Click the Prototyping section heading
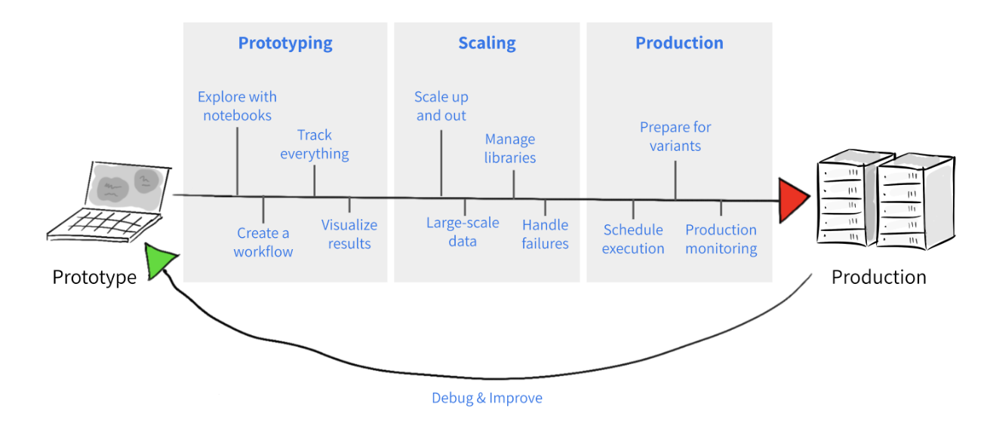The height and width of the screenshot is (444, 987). [285, 43]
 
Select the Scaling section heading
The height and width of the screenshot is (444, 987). [487, 43]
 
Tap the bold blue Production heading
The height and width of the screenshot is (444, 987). [679, 43]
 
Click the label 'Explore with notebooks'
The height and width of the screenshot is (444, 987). [237, 106]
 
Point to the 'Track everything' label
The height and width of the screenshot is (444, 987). [315, 144]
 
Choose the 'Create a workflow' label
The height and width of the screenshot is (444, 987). [263, 242]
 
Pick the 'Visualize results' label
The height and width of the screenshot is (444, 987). [349, 234]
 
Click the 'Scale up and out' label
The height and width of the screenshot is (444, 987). [441, 106]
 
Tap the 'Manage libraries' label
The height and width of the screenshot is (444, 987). [510, 149]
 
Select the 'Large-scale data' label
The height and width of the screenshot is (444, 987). [463, 232]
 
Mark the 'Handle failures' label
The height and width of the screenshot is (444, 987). [545, 234]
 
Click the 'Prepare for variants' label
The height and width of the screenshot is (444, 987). [675, 137]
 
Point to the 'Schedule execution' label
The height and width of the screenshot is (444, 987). [633, 239]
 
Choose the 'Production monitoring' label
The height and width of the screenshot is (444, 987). [721, 239]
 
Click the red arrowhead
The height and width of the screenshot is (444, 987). [792, 201]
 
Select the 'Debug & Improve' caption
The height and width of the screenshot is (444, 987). [487, 398]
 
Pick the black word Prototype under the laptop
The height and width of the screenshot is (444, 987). [94, 277]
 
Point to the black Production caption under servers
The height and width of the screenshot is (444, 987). [878, 277]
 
